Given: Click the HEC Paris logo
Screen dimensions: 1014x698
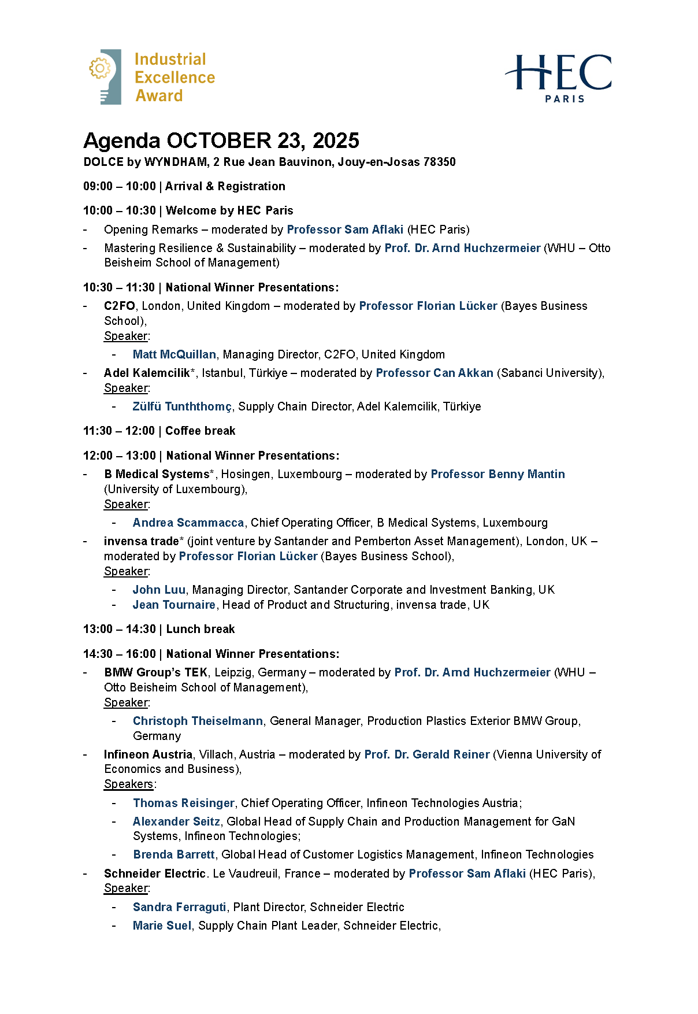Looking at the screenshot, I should (558, 78).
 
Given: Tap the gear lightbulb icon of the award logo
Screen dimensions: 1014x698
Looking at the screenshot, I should (105, 76).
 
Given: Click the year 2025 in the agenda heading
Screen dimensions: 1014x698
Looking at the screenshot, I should (336, 140).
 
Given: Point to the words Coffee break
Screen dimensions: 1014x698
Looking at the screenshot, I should (200, 431).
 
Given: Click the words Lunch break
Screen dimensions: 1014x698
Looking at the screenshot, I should (200, 629).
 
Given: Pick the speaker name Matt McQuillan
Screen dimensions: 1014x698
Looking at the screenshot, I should (174, 354).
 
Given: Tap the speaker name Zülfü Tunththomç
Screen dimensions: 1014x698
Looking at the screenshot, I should (182, 406).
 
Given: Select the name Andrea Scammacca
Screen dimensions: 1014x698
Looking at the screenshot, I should (188, 523).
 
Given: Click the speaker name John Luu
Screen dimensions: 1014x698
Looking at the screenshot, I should (159, 590).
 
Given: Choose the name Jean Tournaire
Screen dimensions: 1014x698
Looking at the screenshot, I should (174, 605).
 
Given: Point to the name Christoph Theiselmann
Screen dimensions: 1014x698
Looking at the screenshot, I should (198, 721).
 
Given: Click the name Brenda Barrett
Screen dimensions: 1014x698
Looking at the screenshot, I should (174, 854).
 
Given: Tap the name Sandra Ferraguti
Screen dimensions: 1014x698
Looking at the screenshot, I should (179, 907).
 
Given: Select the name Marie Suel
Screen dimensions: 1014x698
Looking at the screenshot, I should (162, 926).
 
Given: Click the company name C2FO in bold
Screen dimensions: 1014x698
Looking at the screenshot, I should (120, 306).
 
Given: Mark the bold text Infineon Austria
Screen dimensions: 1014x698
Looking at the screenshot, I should (148, 754).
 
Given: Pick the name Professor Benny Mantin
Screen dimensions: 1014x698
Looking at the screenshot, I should (497, 474).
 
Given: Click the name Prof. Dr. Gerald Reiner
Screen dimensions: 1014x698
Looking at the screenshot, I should (426, 754).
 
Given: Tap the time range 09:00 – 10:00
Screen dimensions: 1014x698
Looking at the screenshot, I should (120, 186).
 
